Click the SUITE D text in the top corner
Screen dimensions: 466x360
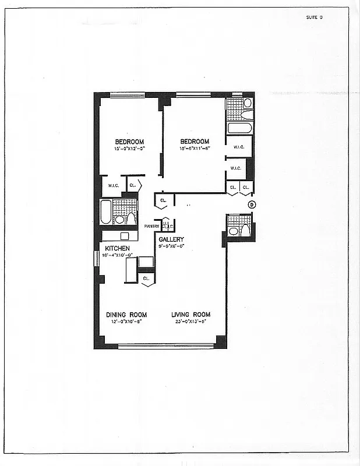point(314,17)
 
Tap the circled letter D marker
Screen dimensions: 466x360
point(252,204)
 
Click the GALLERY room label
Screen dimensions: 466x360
point(171,239)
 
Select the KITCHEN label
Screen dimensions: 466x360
point(118,248)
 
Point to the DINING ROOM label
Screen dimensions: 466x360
point(126,315)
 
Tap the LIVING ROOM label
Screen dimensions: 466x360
point(190,315)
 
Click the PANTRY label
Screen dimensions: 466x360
point(152,226)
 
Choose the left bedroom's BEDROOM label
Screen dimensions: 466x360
point(129,142)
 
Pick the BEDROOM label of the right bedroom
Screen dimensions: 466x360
point(194,142)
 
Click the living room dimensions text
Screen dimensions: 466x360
point(190,322)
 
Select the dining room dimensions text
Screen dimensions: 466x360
point(126,322)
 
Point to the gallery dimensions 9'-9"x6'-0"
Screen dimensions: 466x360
point(171,246)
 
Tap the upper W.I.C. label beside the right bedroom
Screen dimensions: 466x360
point(238,147)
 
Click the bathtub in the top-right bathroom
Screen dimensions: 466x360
point(239,128)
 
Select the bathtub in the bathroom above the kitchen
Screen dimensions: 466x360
point(105,212)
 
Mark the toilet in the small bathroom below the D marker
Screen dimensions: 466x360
point(245,231)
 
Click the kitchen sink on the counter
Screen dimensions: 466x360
point(123,236)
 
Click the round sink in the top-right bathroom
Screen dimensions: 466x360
point(247,103)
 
